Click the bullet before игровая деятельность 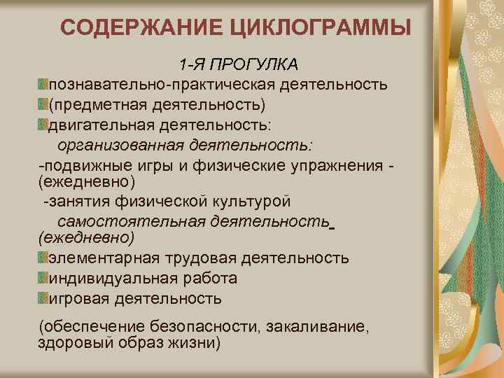pyautogui.click(x=43, y=299)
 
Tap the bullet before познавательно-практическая pyautogui.click(x=43, y=85)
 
